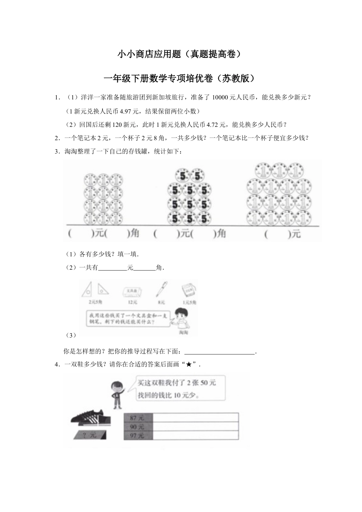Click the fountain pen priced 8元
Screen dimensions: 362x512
pos(161,290)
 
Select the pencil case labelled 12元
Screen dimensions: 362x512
pos(132,291)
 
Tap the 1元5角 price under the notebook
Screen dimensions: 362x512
pos(189,302)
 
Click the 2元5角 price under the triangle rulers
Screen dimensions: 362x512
pos(95,302)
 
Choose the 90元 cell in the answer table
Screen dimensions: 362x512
pos(138,427)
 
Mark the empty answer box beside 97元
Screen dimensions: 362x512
pos(195,436)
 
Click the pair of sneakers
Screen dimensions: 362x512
pos(92,418)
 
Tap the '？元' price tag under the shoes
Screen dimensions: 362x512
pos(90,435)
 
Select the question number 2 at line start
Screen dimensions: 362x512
pos(57,138)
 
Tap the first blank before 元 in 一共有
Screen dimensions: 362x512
pos(112,268)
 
